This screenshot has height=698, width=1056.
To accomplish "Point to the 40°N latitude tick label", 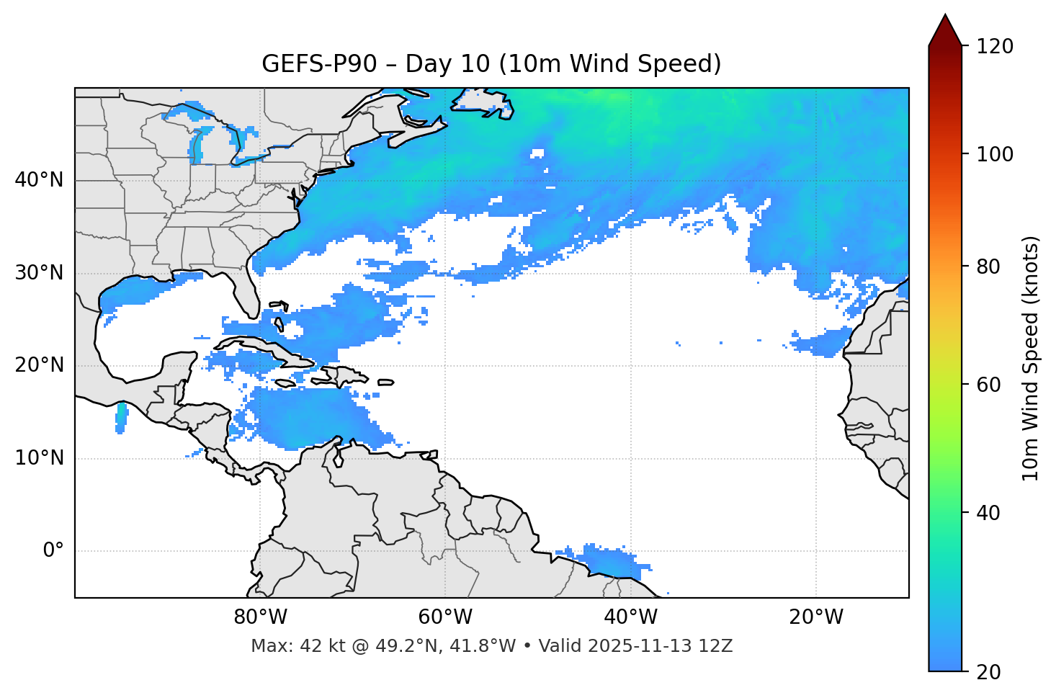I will (39, 180).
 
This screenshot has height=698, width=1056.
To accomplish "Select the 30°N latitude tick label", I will (39, 273).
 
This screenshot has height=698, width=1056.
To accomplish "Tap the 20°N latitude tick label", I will (39, 365).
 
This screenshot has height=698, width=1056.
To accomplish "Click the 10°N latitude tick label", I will (39, 458).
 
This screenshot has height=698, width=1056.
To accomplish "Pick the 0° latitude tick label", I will (53, 551).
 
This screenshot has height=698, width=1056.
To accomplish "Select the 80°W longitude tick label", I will (260, 617).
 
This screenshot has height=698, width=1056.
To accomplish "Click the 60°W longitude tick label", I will (445, 617).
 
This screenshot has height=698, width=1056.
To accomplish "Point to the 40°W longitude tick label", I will (630, 617).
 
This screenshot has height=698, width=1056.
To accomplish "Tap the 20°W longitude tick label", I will (815, 617).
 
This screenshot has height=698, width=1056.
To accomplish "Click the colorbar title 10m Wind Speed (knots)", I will (1031, 358).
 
